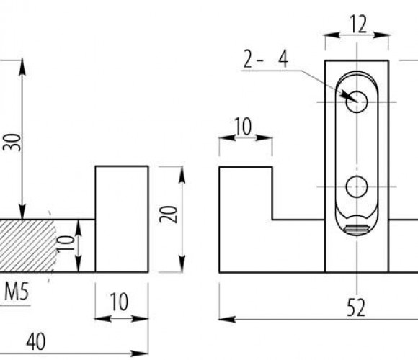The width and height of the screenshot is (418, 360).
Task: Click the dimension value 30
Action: tap(12, 143)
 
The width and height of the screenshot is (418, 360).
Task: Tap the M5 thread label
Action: tap(17, 292)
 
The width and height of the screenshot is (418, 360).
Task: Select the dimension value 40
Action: tap(36, 341)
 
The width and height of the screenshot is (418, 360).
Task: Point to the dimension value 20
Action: tap(168, 215)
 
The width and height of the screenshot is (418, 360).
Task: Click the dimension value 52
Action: tap(356, 307)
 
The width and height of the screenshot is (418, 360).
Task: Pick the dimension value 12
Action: tap(357, 24)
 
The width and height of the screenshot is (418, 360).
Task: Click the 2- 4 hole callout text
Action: tap(265, 60)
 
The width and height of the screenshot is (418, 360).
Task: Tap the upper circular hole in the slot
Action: tap(357, 102)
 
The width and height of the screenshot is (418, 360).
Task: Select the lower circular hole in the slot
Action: tap(357, 186)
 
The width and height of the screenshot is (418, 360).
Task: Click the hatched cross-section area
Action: tap(27, 246)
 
